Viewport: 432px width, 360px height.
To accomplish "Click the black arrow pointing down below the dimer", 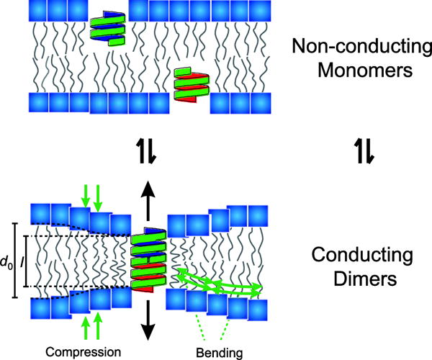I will point(146,320).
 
